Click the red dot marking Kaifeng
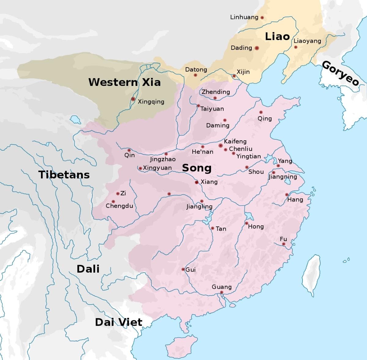(x=221, y=145)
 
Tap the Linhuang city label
(x=244, y=17)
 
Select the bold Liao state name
(x=277, y=36)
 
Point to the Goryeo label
(x=340, y=73)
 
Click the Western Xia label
(x=124, y=82)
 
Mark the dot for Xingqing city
(x=133, y=99)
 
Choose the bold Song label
(x=197, y=168)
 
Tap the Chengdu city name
(x=119, y=206)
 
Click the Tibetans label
(x=64, y=174)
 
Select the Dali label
(x=88, y=269)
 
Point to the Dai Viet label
(x=118, y=322)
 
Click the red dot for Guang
(x=222, y=293)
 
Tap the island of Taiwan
(x=311, y=270)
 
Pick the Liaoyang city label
(x=307, y=41)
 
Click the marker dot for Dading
(x=257, y=48)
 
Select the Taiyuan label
(x=212, y=109)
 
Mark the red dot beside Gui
(x=183, y=269)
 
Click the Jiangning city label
(x=283, y=177)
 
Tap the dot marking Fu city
(x=284, y=244)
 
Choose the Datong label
(x=196, y=70)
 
